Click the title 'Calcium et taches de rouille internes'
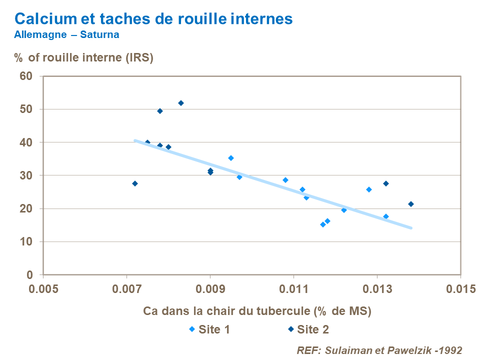pyautogui.click(x=153, y=19)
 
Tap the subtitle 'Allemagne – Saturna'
pyautogui.click(x=66, y=35)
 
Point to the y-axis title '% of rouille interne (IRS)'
pyautogui.click(x=83, y=57)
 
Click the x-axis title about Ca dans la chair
pyautogui.click(x=257, y=311)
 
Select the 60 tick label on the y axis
pyautogui.click(x=26, y=76)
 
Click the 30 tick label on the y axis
pyautogui.click(x=26, y=175)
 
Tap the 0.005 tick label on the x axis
pyautogui.click(x=43, y=289)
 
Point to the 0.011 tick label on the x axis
pyautogui.click(x=293, y=289)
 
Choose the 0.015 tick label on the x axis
pyautogui.click(x=460, y=289)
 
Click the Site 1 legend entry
pyautogui.click(x=209, y=329)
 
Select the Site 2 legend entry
pyautogui.click(x=307, y=329)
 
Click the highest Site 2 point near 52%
pyautogui.click(x=181, y=103)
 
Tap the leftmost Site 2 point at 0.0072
pyautogui.click(x=135, y=183)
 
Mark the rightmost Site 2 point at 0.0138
pyautogui.click(x=411, y=204)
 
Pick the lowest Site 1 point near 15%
pyautogui.click(x=323, y=224)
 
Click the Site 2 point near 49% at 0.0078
pyautogui.click(x=160, y=111)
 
